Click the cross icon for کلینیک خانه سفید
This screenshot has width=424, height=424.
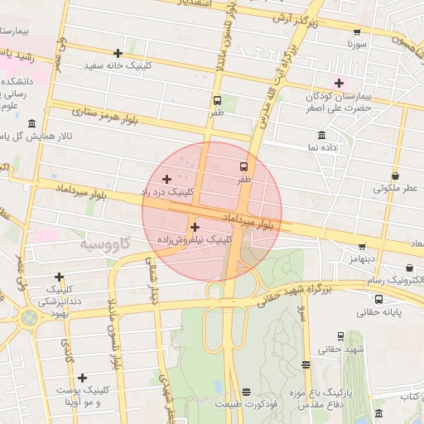click(118, 53)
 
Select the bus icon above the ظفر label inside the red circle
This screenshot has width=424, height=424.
click(244, 166)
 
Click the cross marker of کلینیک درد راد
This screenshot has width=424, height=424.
click(166, 179)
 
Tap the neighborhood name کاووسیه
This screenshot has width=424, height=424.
click(106, 245)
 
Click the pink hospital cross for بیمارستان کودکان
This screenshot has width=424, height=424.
click(338, 82)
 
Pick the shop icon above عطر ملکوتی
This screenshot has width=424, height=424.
click(395, 176)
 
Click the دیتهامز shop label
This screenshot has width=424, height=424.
click(361, 258)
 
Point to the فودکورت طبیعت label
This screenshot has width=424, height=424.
click(245, 405)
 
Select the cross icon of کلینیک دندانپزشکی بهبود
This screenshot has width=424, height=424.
click(58, 277)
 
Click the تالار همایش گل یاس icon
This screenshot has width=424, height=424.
click(31, 123)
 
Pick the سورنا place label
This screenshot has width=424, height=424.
click(356, 41)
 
